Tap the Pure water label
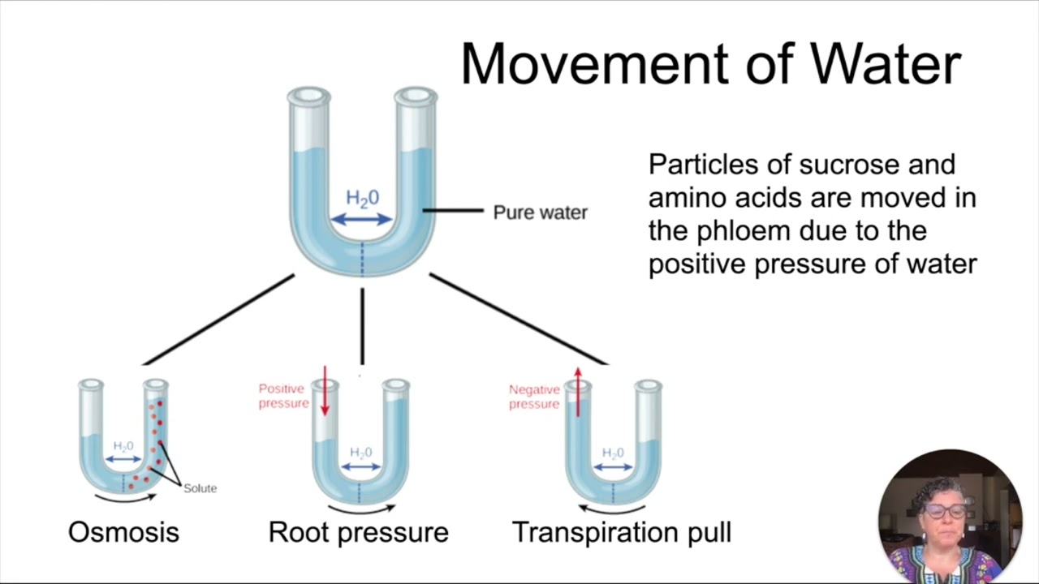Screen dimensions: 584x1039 (x=540, y=213)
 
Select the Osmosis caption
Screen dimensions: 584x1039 (x=123, y=532)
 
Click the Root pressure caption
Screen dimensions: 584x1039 (x=358, y=532)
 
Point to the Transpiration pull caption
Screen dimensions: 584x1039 (x=622, y=532)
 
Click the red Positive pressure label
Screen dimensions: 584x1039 (x=282, y=397)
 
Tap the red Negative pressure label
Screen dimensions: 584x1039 (x=533, y=397)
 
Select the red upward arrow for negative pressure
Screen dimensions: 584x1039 (x=577, y=393)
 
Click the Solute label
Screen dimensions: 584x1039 (x=200, y=488)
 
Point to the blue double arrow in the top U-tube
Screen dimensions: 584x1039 (x=362, y=219)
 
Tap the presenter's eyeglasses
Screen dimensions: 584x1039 (x=946, y=512)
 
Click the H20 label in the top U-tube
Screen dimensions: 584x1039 (x=362, y=198)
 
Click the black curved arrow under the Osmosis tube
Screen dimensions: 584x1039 (x=124, y=497)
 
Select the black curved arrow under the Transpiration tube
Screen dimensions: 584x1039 (x=612, y=509)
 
